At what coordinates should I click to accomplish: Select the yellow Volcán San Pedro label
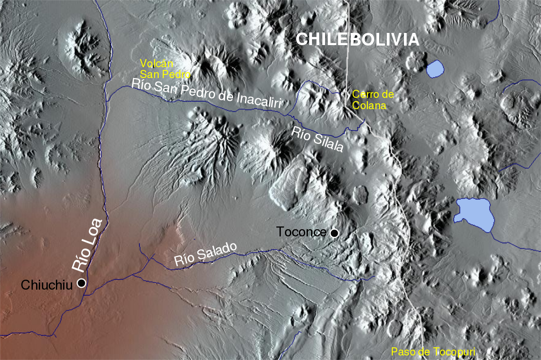(x=165, y=68)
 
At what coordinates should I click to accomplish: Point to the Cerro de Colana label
(x=373, y=100)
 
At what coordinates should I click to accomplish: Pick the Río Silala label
(x=317, y=139)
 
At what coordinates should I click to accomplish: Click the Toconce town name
(x=301, y=232)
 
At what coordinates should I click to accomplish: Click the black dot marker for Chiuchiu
(x=82, y=283)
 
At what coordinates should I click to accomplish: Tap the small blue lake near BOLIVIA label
(x=435, y=68)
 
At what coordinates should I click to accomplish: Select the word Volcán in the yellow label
(x=156, y=63)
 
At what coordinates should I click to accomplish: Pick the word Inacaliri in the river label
(x=259, y=100)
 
